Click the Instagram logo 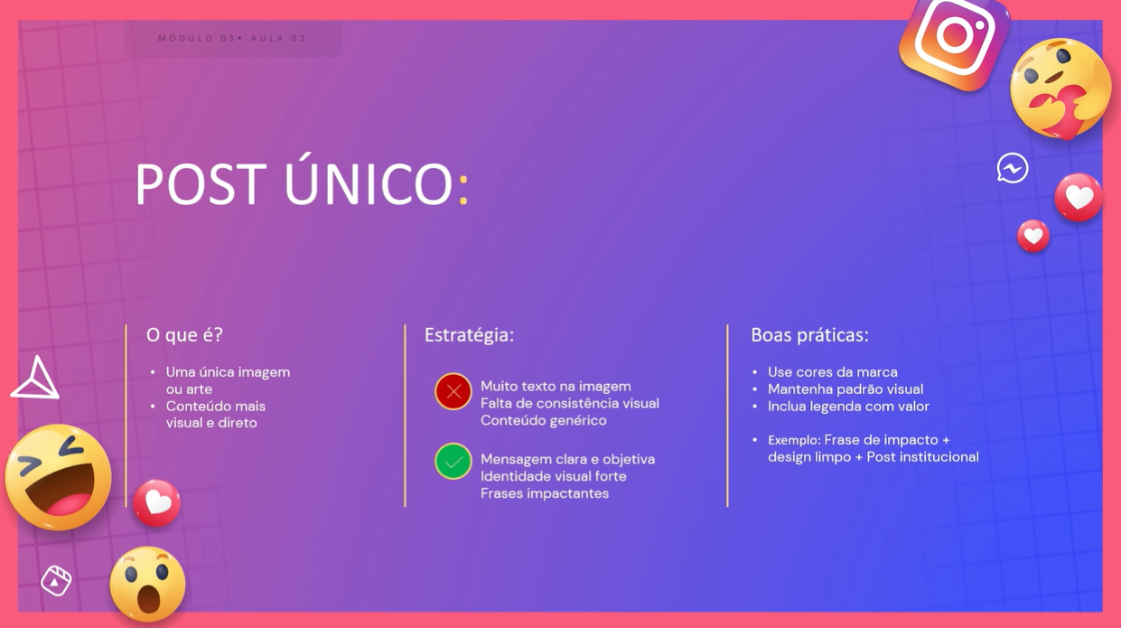tap(954, 42)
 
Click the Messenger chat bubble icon tap(1012, 168)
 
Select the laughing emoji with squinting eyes tap(58, 477)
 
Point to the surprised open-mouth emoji tap(147, 584)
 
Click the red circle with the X tap(453, 391)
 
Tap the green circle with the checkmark tap(453, 462)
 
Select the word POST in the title tap(201, 183)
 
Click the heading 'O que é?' tap(184, 335)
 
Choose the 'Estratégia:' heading tap(469, 335)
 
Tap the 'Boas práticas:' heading tap(809, 335)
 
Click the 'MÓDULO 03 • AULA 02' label tap(232, 38)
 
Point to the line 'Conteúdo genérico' tap(543, 420)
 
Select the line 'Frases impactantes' tap(545, 493)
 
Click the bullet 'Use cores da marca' tap(833, 372)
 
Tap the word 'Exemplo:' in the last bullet tap(794, 440)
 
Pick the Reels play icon tap(55, 581)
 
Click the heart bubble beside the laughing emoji tap(156, 502)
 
